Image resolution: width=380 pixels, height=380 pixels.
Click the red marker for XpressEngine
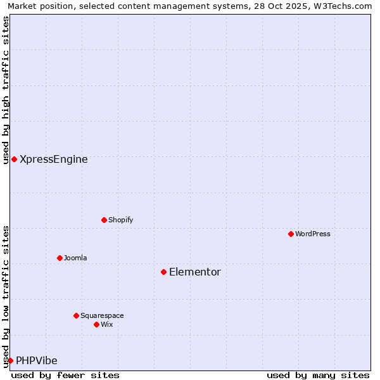click(14, 159)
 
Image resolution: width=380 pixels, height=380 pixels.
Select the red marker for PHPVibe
click(10, 360)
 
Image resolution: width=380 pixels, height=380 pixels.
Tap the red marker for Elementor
click(163, 272)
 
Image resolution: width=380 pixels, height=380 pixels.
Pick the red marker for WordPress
click(291, 234)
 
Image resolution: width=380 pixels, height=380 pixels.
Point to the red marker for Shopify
click(104, 220)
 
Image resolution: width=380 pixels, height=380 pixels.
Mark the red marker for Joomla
click(60, 258)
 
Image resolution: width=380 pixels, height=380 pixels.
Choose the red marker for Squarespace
click(76, 315)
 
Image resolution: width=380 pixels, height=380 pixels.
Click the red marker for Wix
click(96, 324)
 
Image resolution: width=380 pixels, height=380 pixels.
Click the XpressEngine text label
click(54, 160)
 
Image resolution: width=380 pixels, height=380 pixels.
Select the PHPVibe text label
click(37, 361)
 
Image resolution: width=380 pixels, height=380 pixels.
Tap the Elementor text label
click(195, 272)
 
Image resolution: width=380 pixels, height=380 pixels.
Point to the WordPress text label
click(313, 234)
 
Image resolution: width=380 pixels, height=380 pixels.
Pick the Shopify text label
click(120, 220)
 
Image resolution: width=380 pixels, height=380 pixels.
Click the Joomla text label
click(75, 258)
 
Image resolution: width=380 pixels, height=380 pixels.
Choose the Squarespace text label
click(102, 315)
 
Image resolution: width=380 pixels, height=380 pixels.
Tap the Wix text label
click(107, 324)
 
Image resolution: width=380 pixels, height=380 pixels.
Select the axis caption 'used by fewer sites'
click(65, 375)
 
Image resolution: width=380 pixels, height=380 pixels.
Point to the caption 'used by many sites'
click(318, 375)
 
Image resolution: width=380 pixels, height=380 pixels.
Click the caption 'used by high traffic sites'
click(6, 90)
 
